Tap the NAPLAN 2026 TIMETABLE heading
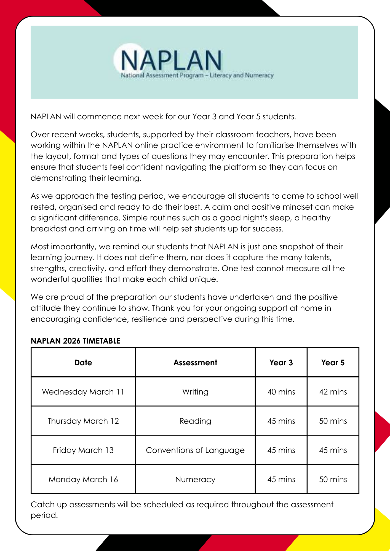(x=76, y=341)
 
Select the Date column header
(x=83, y=363)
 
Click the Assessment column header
(x=195, y=363)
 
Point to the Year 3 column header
(x=281, y=363)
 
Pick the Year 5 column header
(x=333, y=363)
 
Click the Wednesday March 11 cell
(x=83, y=392)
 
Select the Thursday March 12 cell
(x=83, y=421)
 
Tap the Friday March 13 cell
(x=83, y=450)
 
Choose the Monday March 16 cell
(x=83, y=479)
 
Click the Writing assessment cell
(x=195, y=392)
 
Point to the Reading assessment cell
(x=195, y=421)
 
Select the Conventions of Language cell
(x=195, y=450)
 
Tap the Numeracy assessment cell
(x=195, y=479)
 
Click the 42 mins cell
(x=333, y=392)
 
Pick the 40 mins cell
(x=281, y=392)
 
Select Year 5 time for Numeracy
(x=333, y=479)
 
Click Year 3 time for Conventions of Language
(x=281, y=450)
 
